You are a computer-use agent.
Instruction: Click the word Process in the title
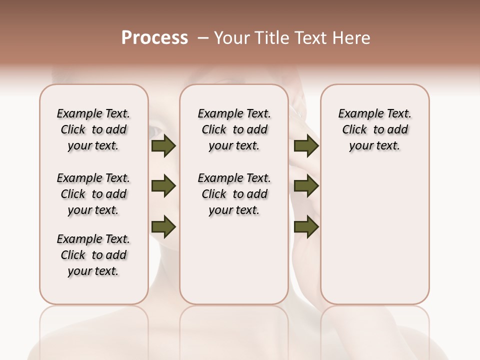(154, 37)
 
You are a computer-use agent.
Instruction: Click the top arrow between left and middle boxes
(163, 145)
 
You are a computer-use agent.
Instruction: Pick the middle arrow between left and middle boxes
(163, 186)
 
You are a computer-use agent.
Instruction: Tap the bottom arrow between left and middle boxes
(163, 226)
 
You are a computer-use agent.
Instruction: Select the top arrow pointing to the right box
(306, 145)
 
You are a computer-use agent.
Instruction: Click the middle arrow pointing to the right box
(306, 186)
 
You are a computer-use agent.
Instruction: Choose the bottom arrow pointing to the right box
(306, 226)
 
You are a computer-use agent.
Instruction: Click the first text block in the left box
(93, 129)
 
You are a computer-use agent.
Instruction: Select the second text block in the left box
(93, 194)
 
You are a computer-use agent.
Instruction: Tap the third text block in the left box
(93, 255)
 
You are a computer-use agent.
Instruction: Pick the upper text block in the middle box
(234, 129)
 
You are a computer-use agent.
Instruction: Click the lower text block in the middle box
(234, 194)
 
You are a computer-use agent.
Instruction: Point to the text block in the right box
(374, 129)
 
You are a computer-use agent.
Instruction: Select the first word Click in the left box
(73, 130)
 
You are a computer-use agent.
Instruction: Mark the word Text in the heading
(313, 38)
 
